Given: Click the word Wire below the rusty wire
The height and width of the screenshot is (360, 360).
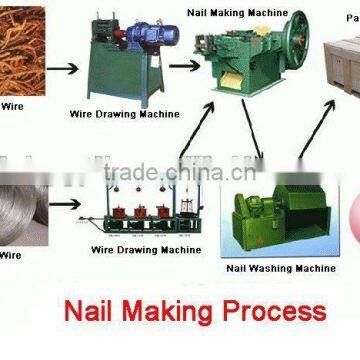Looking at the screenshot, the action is [10, 103].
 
